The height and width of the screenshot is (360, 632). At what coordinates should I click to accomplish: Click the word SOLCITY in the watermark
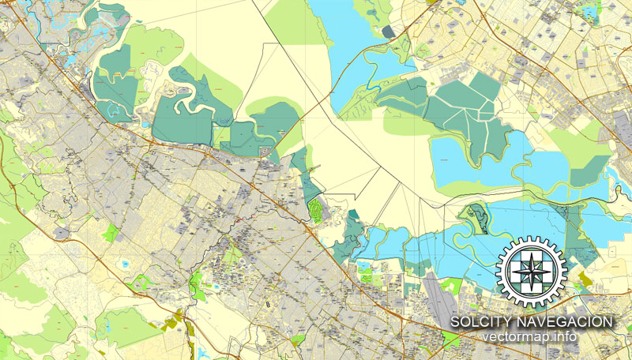[479, 321]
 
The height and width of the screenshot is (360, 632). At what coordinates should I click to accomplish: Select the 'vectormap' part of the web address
[513, 337]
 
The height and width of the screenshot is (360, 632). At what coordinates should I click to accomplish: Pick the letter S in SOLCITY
[456, 321]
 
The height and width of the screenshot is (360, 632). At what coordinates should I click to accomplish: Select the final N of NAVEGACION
[608, 321]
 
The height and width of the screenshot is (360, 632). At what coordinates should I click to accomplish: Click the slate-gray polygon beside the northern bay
[387, 32]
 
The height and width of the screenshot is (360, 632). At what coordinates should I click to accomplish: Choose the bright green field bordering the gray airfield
[452, 285]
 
